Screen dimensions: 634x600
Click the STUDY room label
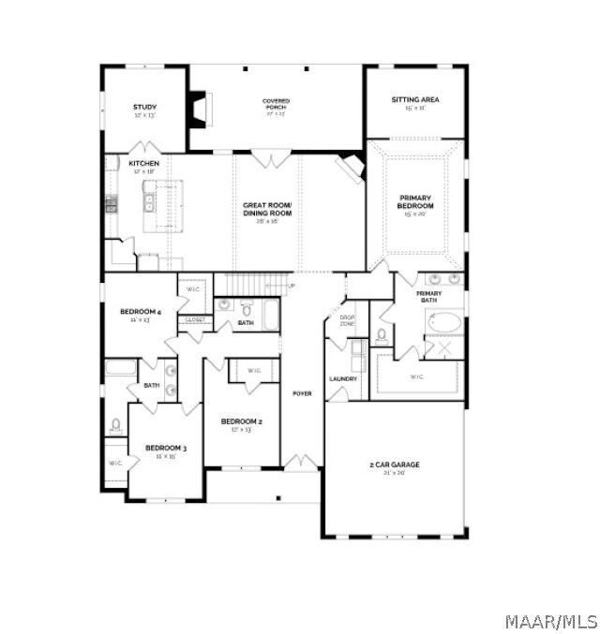pos(144,108)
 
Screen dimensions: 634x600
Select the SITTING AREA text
pos(414,99)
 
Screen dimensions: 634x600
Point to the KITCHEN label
pos(143,164)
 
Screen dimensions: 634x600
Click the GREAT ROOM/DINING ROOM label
pos(267,209)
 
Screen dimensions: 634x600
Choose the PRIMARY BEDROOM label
pos(414,201)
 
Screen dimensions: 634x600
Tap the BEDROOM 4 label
pos(141,311)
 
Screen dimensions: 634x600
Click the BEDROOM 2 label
pos(241,421)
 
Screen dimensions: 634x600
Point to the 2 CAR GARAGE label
pos(393,464)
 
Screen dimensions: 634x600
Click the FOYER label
pos(302,393)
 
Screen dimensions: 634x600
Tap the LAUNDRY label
pos(343,378)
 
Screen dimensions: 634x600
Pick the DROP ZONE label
pos(347,321)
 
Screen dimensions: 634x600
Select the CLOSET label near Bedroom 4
pos(195,319)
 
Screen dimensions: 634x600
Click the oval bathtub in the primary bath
pos(443,323)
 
